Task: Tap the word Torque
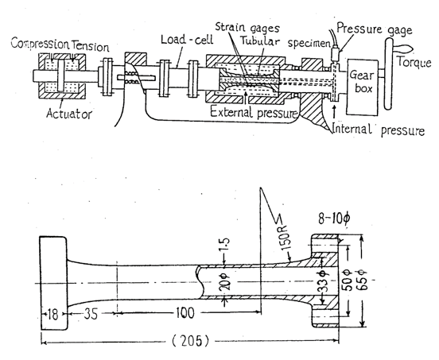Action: (414, 62)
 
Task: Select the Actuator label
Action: (69, 114)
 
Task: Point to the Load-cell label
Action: (187, 40)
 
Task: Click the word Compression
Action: (40, 44)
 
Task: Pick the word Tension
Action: (90, 46)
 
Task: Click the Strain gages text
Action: (247, 27)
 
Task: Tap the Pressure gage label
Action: (375, 29)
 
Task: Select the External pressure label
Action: (254, 113)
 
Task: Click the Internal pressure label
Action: (379, 130)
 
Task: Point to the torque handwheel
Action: (389, 74)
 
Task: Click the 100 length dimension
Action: (185, 313)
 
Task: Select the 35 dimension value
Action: (91, 314)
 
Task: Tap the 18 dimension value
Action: (52, 314)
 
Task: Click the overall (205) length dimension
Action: (190, 341)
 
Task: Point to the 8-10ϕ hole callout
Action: (334, 219)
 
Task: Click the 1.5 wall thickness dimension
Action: (225, 245)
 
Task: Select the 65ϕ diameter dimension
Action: (363, 280)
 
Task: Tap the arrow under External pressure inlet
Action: (246, 98)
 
